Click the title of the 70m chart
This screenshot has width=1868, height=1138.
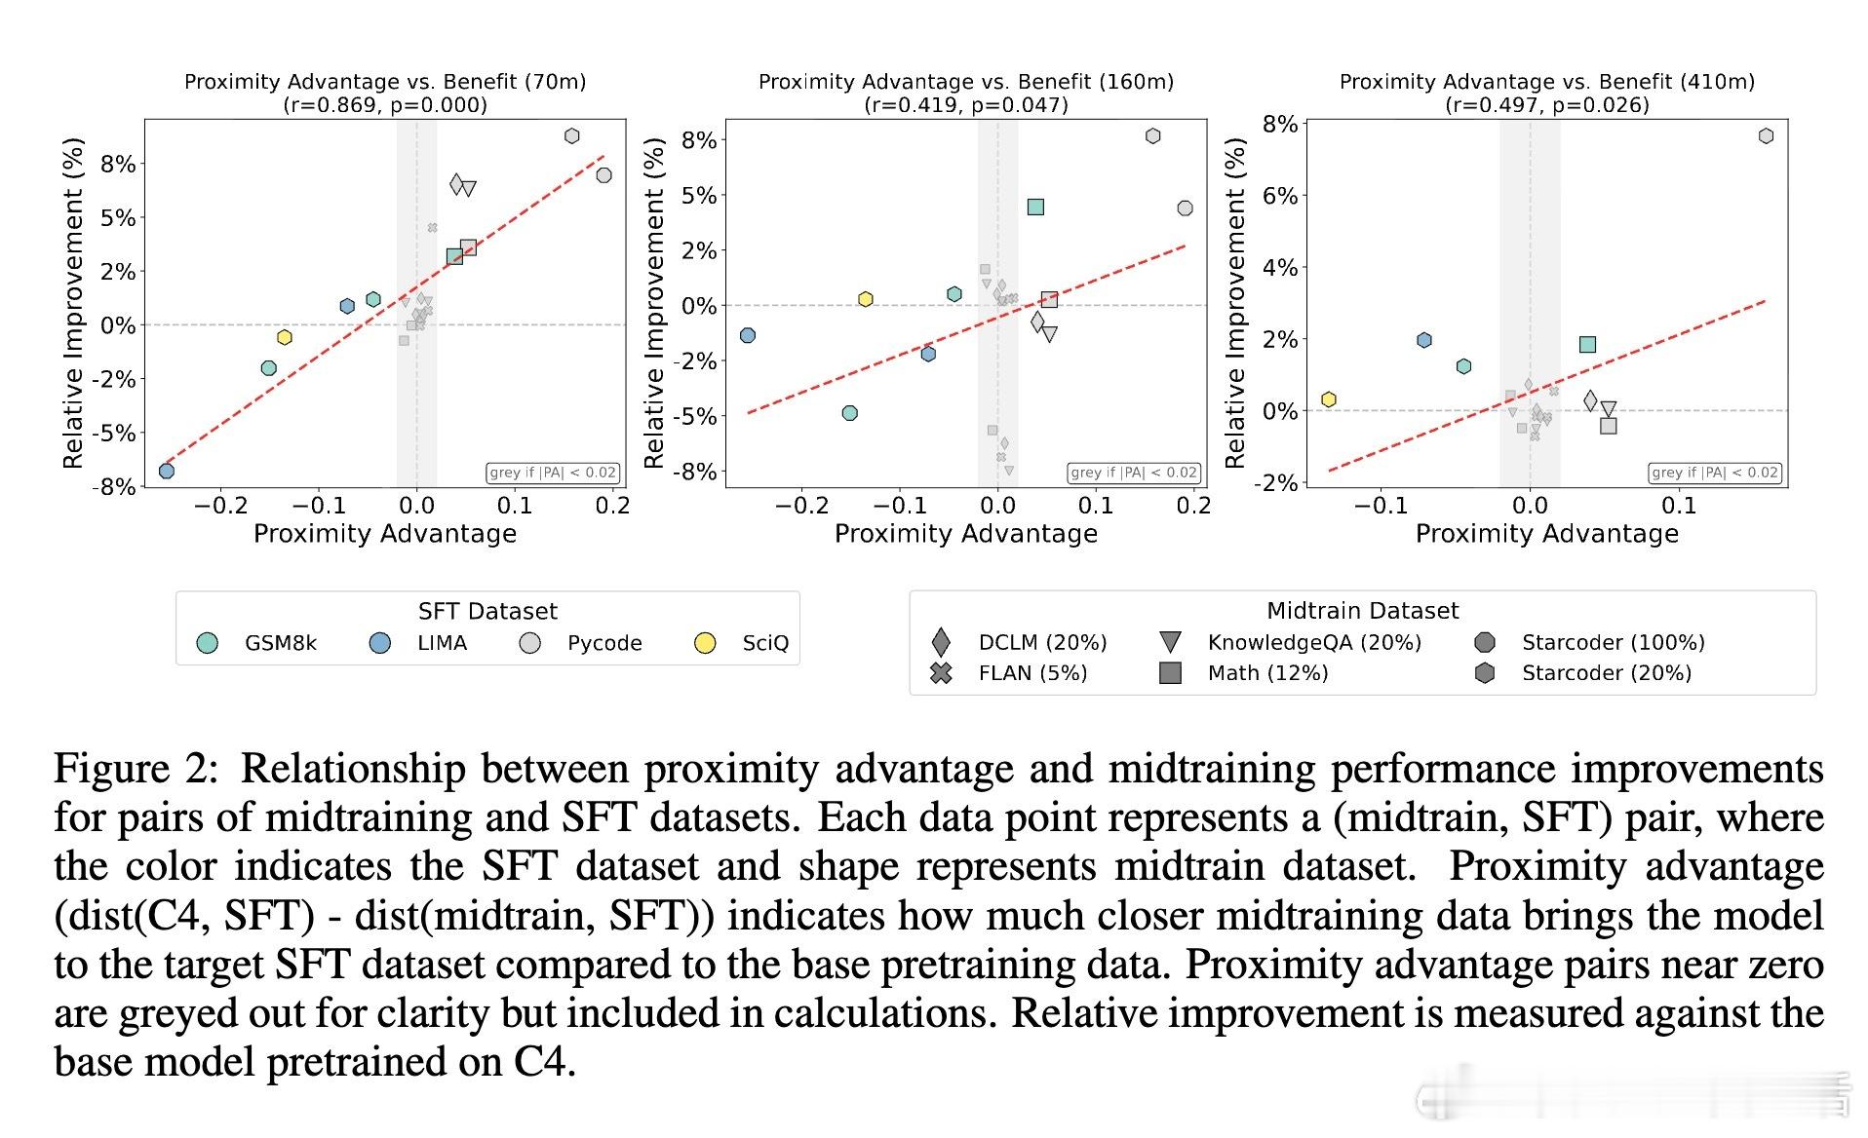[385, 82]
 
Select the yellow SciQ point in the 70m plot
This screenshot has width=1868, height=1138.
[284, 337]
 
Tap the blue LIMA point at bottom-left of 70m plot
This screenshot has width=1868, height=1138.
[167, 472]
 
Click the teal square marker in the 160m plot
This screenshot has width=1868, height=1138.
[1035, 207]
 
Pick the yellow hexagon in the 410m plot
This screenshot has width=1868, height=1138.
[1328, 399]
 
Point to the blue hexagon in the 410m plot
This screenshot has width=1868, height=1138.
[1424, 340]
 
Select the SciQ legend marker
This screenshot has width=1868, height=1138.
[704, 643]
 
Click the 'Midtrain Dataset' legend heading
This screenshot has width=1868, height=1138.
[1362, 611]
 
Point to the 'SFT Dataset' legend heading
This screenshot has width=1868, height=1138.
[487, 611]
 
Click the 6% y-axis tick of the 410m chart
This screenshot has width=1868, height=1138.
[1279, 196]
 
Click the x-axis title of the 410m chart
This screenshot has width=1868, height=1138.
[1546, 534]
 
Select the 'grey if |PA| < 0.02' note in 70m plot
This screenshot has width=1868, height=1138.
[553, 473]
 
